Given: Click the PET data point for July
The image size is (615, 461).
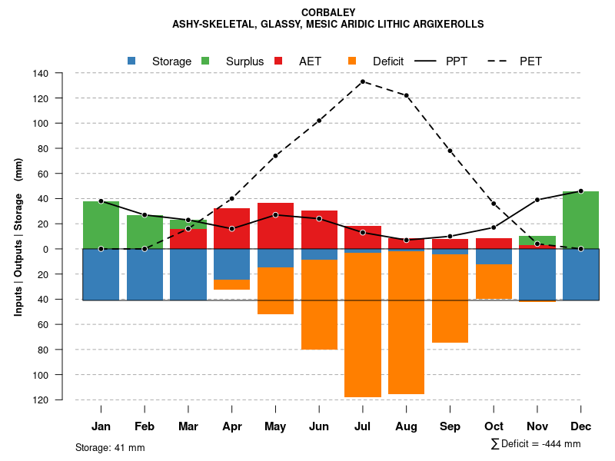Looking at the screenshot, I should (x=363, y=81).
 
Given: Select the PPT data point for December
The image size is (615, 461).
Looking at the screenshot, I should (x=580, y=191).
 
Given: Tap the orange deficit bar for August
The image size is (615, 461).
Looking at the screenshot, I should (x=407, y=323).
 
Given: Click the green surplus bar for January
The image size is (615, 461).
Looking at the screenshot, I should (x=101, y=225).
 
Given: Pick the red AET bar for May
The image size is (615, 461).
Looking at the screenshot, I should (x=275, y=226).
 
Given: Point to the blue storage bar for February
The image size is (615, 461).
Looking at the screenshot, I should (x=145, y=274).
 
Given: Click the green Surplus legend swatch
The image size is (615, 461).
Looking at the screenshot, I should (x=205, y=61).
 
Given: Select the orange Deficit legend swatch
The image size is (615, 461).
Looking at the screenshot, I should (x=352, y=61).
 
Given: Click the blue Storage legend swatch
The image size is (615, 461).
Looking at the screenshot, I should (x=131, y=61).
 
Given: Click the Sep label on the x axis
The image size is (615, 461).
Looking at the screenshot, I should (x=450, y=426).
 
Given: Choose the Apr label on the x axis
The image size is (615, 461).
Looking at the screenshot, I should (x=232, y=426).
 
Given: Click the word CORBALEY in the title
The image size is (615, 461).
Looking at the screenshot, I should (x=328, y=12).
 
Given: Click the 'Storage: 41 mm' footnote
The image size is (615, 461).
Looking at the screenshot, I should (x=110, y=447).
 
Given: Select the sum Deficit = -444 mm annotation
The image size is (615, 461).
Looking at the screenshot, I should (x=536, y=443).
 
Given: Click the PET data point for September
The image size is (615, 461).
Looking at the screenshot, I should (x=450, y=151).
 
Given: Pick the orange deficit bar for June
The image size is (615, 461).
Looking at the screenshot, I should (x=319, y=304).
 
